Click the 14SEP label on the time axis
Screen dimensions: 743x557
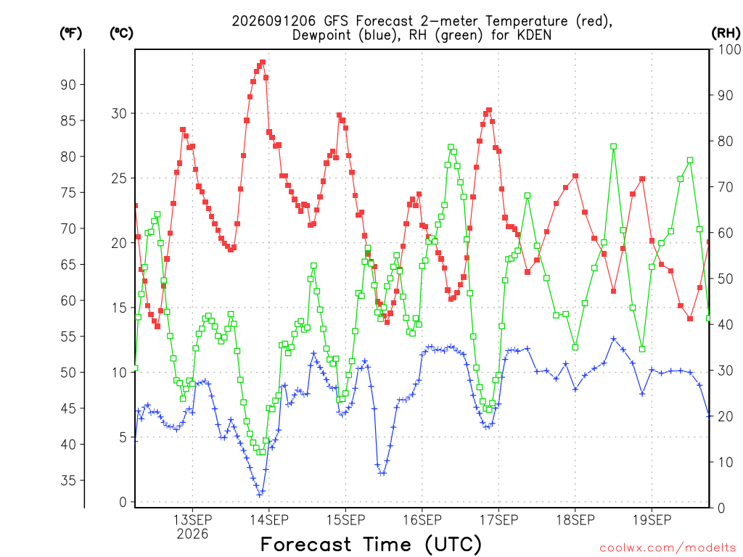pos(268,519)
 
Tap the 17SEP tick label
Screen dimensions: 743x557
pos(498,519)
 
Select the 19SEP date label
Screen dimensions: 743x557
pos(652,519)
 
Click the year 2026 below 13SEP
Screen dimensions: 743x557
pos(192,534)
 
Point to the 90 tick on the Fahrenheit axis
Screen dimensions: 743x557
pos(68,85)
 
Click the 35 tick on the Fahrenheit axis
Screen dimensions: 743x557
pos(68,480)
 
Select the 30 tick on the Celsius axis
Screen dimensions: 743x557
pos(119,114)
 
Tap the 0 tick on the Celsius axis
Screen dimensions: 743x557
pos(123,502)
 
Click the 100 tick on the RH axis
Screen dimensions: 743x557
pos(729,49)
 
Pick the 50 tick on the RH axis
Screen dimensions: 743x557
pos(726,278)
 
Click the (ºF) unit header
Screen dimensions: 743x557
pos(70,33)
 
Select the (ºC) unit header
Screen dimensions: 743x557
pos(121,33)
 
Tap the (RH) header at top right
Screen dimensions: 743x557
pos(726,33)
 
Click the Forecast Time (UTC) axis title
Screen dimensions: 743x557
pos(371,544)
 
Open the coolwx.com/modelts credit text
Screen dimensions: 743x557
pos(668,548)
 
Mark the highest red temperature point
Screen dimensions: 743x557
pos(263,62)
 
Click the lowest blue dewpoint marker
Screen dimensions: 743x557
pos(260,495)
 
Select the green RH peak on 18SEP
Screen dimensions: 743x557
pos(614,147)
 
